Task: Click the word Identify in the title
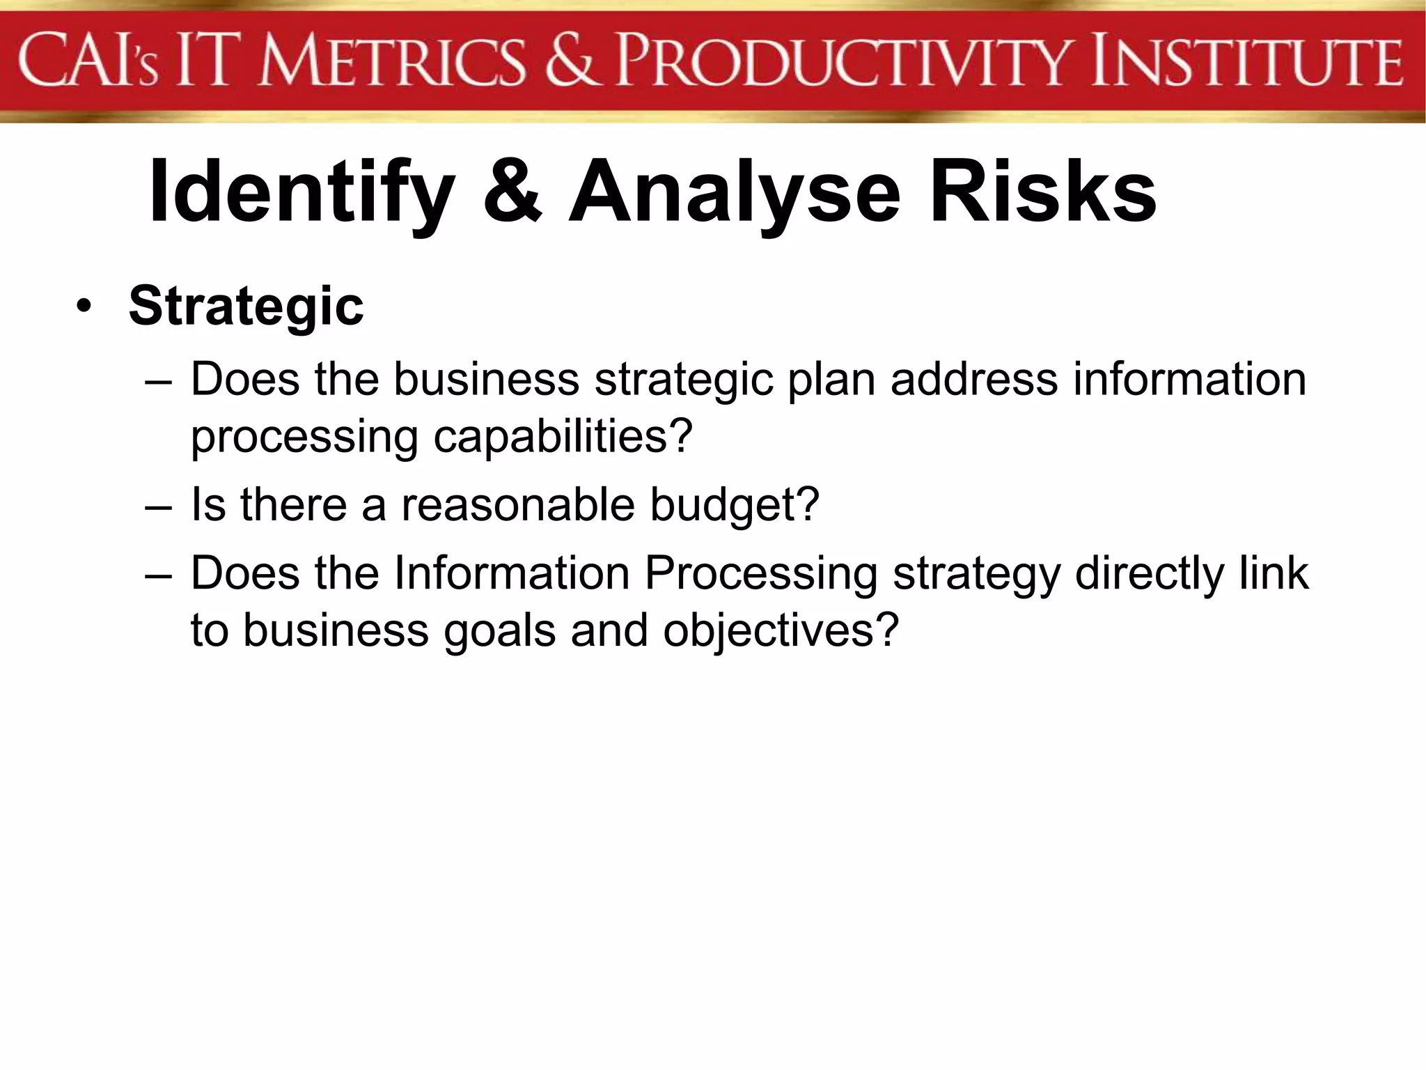pos(301,192)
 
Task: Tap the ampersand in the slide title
pos(512,192)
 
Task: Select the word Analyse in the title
pos(735,192)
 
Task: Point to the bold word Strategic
pos(246,307)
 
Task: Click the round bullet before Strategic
pos(84,307)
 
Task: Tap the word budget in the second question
pos(735,504)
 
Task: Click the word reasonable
pos(518,504)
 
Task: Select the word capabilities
pos(563,437)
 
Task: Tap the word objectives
pos(781,631)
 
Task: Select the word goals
pos(500,631)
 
